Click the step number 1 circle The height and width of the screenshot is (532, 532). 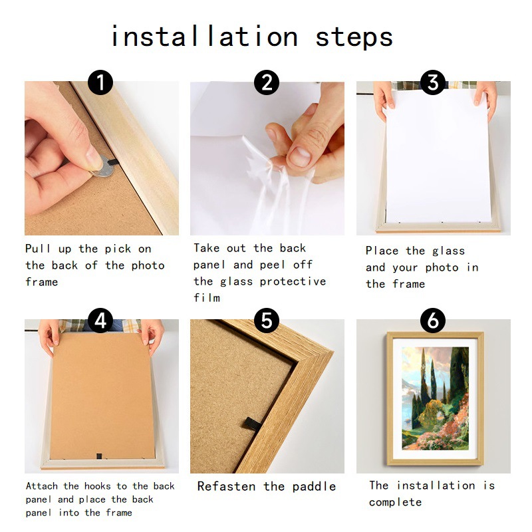point(100,82)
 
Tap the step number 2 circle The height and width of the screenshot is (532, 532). point(267,82)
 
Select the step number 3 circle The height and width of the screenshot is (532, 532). point(433,82)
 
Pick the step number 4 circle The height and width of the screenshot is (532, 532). point(100,321)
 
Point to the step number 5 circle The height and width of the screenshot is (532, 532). point(267,321)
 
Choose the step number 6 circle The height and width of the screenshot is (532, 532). point(433,321)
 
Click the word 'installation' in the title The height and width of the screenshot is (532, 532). point(205,36)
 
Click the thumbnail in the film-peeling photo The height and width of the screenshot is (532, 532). point(299,156)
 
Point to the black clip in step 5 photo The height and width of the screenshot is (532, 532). point(253,424)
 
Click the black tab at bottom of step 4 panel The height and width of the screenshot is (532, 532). point(99,456)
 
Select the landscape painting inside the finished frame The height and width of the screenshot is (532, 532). point(436,398)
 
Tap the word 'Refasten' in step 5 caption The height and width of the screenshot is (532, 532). point(226,486)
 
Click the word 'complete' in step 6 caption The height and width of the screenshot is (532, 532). point(395,502)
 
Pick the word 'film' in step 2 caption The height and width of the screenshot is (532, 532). point(207,298)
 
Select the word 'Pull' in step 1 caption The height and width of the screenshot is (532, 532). point(37,249)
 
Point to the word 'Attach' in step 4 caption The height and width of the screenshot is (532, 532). point(42,486)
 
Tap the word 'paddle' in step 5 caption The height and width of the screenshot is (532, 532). point(314,487)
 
